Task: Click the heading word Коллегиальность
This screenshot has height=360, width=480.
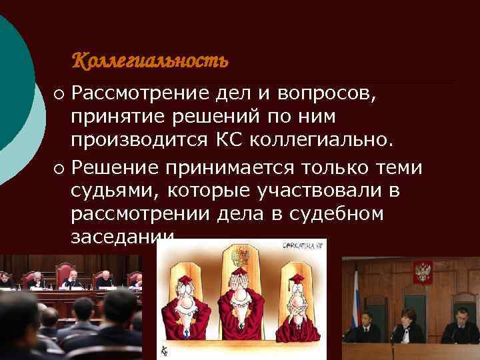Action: [x=149, y=61]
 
